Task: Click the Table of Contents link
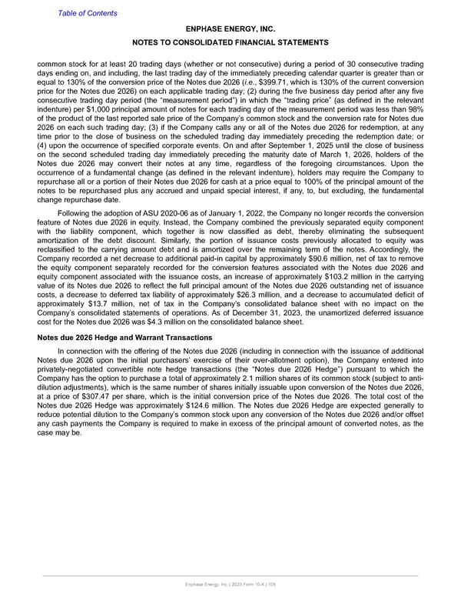click(x=88, y=13)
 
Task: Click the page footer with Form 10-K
click(x=230, y=585)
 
